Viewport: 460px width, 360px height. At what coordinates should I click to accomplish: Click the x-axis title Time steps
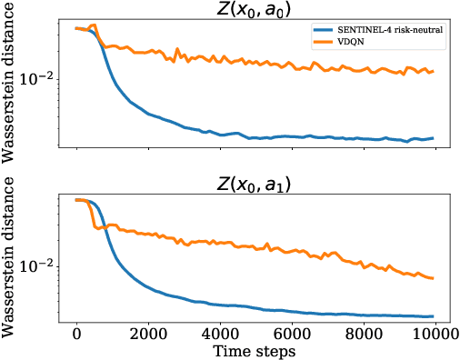[254, 350]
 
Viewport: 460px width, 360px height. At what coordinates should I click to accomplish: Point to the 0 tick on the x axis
[76, 333]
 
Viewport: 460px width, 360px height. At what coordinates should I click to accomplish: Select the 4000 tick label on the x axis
[219, 333]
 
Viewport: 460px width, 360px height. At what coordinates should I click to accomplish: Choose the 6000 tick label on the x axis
[290, 333]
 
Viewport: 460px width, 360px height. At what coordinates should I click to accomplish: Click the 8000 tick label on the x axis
[362, 333]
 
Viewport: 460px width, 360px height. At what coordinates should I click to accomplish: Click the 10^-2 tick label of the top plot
[41, 78]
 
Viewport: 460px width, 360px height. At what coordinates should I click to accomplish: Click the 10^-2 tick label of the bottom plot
[41, 266]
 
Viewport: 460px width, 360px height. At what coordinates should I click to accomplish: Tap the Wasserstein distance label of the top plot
[10, 85]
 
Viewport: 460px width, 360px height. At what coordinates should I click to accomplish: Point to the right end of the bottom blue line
[433, 316]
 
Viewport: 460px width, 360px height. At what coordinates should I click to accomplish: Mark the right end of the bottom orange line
[433, 278]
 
